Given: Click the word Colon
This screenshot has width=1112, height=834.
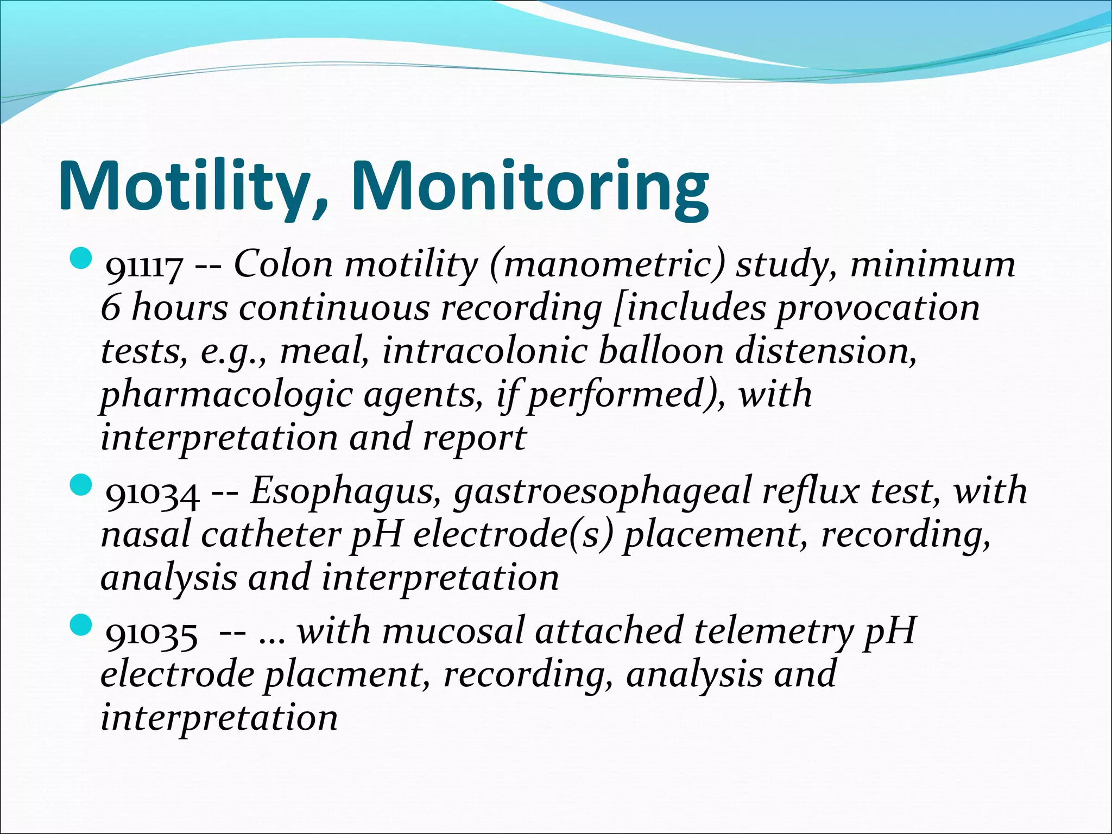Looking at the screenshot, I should coord(283,265).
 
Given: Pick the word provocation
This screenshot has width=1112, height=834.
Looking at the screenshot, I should coord(877,308).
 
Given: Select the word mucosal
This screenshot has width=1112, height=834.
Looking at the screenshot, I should coord(453,632).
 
